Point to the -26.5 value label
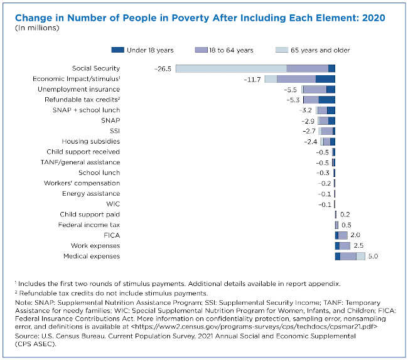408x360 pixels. point(163,68)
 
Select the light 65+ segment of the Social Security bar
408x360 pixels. point(231,68)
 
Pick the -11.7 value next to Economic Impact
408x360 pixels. point(252,79)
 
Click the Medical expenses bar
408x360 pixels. point(350,257)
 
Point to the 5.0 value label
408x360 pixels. point(373,257)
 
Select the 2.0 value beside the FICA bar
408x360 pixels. point(355,235)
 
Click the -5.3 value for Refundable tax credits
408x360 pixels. point(292,100)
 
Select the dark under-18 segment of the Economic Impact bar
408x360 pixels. point(325,79)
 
